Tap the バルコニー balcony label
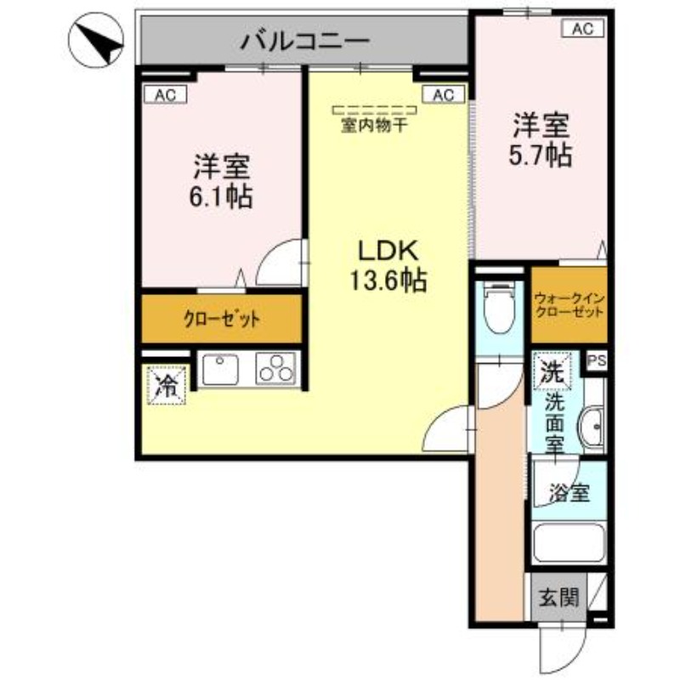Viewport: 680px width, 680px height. point(304,40)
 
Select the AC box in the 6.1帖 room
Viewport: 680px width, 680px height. point(165,95)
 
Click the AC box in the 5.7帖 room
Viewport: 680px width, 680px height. point(581,29)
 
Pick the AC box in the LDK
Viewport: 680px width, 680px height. point(443,95)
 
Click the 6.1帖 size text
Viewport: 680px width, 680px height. point(220,197)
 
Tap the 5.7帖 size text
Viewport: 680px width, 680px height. point(541,156)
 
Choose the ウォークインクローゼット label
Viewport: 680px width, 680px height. point(569,305)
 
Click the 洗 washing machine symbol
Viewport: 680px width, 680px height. point(552,370)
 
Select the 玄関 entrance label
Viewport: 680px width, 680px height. point(557,598)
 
